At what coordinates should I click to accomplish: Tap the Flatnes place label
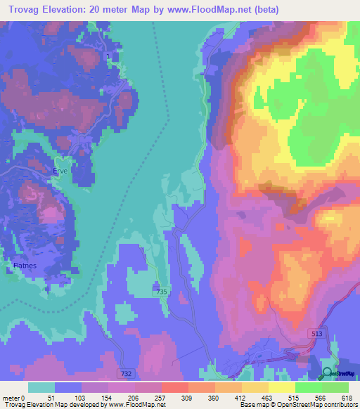coord(25,265)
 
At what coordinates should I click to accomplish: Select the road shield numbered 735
coord(162,292)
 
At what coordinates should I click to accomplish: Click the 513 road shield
coord(318,335)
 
